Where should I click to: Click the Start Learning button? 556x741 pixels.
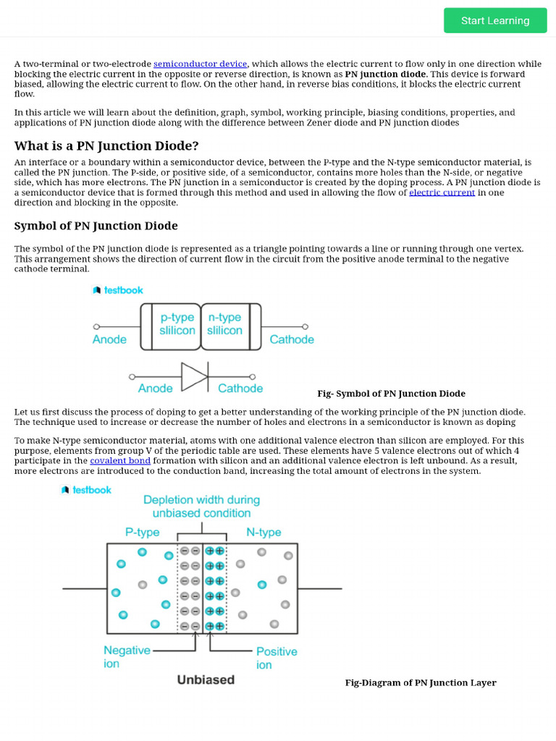(x=495, y=20)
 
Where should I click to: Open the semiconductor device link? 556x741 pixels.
(x=200, y=64)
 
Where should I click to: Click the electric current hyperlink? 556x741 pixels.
(x=442, y=192)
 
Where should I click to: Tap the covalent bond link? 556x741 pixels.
(x=120, y=460)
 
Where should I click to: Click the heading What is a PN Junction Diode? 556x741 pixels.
(x=106, y=145)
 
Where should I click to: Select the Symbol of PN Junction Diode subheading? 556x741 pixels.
(x=96, y=226)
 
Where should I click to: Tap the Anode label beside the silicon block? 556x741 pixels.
(x=109, y=339)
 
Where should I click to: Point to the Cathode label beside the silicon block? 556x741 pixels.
(x=292, y=339)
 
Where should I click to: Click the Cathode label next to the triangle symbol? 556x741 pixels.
(x=240, y=389)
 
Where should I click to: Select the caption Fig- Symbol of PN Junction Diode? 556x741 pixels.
(x=391, y=394)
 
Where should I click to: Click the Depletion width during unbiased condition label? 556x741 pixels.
(x=201, y=507)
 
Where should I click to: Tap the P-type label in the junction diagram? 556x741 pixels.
(x=142, y=533)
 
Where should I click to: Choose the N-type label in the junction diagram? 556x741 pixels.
(x=264, y=533)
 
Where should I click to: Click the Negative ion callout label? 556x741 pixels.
(x=127, y=656)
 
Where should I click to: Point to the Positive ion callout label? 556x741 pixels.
(x=276, y=658)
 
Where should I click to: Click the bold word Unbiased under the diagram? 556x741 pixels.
(x=206, y=679)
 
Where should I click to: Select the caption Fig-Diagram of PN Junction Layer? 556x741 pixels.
(x=421, y=682)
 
